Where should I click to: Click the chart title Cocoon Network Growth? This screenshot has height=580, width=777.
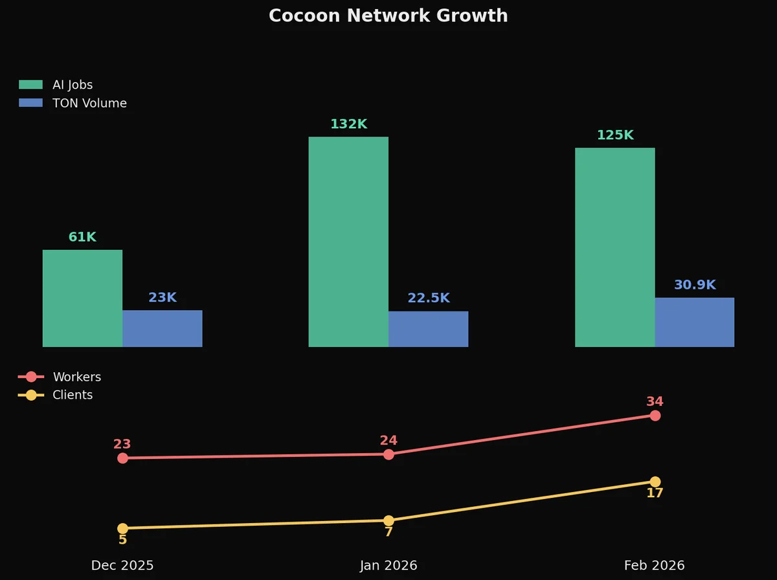[x=388, y=16]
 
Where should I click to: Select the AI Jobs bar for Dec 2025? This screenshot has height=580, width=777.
[x=82, y=298]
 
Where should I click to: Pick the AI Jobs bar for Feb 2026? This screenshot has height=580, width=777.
[x=614, y=247]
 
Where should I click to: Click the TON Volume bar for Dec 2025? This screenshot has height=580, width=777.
[x=163, y=328]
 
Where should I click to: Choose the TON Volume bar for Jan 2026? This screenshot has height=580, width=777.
[x=428, y=329]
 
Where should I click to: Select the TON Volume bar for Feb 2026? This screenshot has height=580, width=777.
[x=694, y=322]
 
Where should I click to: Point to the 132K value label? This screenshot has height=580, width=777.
[x=348, y=124]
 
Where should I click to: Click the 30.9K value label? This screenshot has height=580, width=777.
[x=694, y=285]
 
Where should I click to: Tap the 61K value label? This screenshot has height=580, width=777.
[x=82, y=238]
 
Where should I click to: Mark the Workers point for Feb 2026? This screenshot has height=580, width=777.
[x=655, y=416]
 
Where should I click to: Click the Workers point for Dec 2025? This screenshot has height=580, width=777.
[x=122, y=458]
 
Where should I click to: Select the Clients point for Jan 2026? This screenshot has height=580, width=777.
[x=388, y=520]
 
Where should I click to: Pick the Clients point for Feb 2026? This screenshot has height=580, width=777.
[x=655, y=482]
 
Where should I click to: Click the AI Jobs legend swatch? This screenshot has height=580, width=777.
[x=30, y=85]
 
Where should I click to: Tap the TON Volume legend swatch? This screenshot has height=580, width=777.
[x=30, y=103]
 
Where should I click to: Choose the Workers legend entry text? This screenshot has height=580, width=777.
[x=76, y=377]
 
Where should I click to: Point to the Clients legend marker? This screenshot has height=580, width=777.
[x=30, y=395]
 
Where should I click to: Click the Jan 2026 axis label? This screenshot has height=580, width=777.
[x=388, y=565]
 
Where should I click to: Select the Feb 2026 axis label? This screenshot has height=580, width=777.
[x=654, y=565]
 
